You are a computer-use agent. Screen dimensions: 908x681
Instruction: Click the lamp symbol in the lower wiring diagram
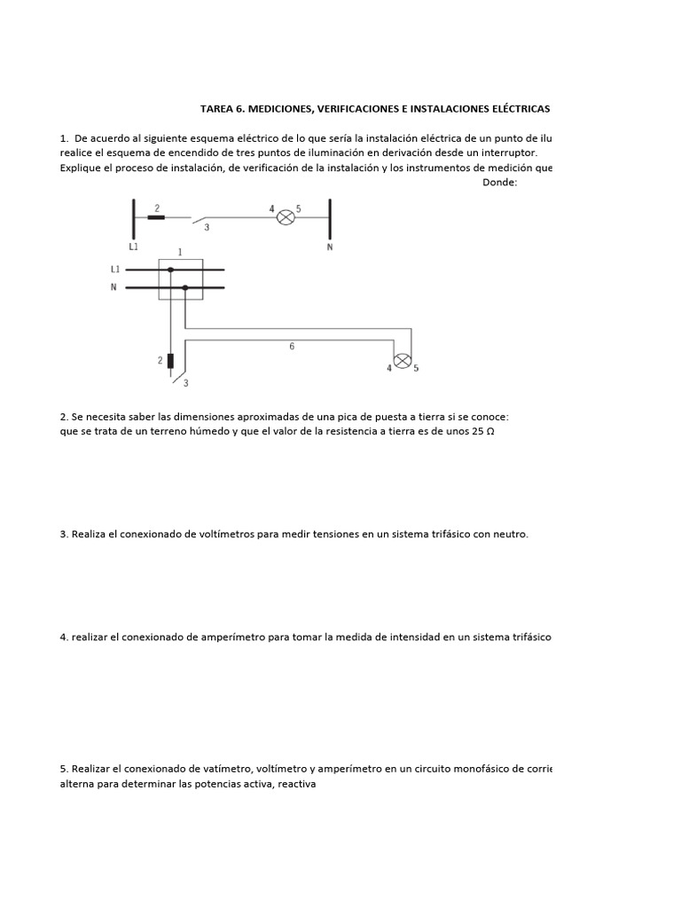click(402, 361)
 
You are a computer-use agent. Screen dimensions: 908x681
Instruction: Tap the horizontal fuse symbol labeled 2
click(156, 216)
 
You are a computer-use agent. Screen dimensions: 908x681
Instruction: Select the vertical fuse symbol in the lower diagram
click(170, 361)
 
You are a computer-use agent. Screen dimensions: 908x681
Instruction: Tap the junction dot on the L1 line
click(170, 269)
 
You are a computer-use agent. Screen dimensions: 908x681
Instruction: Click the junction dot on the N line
click(184, 287)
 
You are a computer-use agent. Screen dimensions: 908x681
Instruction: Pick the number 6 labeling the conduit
click(292, 347)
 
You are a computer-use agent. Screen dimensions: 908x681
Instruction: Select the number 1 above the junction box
click(180, 252)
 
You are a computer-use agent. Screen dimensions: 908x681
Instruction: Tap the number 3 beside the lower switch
click(186, 383)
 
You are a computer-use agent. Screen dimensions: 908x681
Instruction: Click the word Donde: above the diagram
click(499, 183)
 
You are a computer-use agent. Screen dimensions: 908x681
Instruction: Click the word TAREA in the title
click(218, 108)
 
